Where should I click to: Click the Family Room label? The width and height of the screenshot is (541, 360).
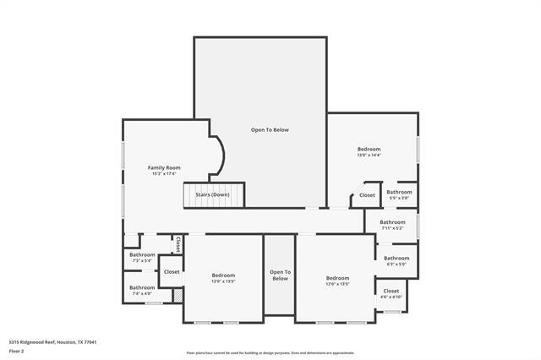[164, 167]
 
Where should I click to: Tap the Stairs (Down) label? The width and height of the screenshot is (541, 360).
[212, 195]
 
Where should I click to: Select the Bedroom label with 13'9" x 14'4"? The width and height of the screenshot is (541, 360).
[369, 150]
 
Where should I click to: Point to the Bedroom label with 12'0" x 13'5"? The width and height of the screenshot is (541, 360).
[223, 275]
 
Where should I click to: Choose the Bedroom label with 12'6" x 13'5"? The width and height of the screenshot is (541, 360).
[337, 278]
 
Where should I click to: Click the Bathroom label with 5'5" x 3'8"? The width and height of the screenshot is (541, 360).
[399, 192]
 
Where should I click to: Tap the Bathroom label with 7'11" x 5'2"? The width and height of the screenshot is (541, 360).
[392, 222]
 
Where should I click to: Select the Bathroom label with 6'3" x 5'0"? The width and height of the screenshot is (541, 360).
[396, 258]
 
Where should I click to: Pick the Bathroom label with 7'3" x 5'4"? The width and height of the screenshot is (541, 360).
[142, 255]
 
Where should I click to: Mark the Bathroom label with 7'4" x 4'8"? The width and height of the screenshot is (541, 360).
[142, 287]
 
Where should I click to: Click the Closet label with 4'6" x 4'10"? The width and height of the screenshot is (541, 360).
[391, 291]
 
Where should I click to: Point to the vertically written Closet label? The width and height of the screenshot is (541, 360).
[178, 244]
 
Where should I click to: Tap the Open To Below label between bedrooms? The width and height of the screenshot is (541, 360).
[279, 275]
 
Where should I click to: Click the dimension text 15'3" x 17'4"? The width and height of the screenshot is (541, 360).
[164, 173]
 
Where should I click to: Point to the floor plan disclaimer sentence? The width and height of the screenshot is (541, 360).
[270, 353]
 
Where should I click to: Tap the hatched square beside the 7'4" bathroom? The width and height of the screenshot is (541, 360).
[178, 297]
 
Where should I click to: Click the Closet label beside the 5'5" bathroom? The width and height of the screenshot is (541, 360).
[367, 195]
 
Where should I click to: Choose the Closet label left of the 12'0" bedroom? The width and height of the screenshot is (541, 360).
[172, 272]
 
